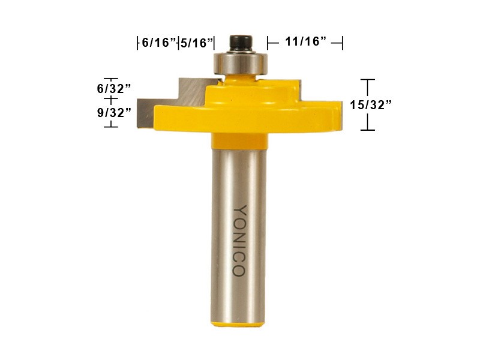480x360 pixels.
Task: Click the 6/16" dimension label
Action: point(158,43)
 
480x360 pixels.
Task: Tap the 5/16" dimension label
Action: point(197,43)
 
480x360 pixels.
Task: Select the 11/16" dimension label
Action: point(305,42)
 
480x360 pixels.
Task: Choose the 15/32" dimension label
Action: point(371,105)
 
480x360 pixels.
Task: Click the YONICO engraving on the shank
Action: point(239,241)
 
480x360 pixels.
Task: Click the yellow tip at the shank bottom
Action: point(239,323)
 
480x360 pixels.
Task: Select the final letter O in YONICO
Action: point(239,271)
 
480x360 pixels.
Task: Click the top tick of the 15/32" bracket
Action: point(367,79)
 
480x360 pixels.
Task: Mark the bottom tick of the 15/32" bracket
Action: point(367,130)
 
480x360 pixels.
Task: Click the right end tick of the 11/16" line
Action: point(342,42)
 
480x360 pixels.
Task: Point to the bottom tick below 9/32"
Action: point(110,126)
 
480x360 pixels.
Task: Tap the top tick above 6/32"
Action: point(110,78)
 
